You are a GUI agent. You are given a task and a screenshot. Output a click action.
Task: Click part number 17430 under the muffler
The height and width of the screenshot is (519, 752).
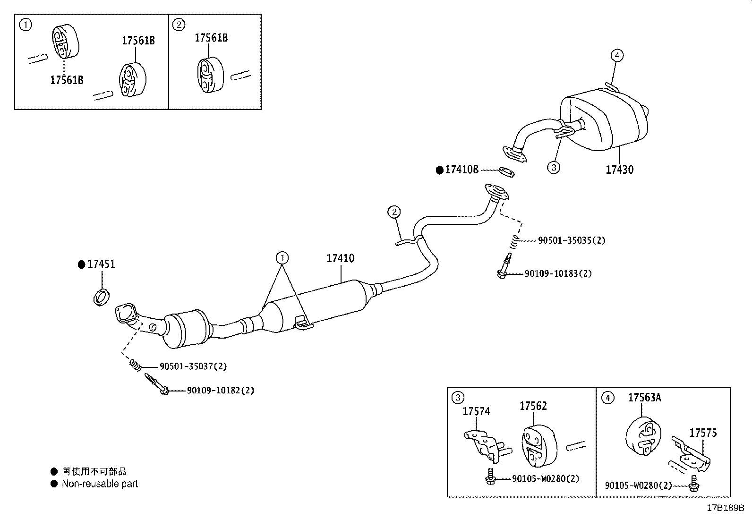(619, 170)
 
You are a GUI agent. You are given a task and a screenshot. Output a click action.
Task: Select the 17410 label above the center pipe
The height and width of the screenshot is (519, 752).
(340, 258)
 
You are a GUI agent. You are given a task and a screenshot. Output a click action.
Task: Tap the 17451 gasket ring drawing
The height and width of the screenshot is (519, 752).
(102, 298)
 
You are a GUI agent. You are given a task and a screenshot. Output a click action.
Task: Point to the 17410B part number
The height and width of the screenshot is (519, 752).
(461, 170)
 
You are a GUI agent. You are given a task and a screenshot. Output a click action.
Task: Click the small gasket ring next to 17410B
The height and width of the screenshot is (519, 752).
(506, 172)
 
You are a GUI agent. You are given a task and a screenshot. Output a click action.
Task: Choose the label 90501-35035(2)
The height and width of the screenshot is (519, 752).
(571, 240)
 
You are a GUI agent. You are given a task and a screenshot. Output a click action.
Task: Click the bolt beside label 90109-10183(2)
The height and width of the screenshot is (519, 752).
(504, 267)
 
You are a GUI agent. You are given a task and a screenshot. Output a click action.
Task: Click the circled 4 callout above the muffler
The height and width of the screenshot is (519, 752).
(616, 56)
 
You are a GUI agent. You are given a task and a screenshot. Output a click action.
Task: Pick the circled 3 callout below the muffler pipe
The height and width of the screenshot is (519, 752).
(554, 167)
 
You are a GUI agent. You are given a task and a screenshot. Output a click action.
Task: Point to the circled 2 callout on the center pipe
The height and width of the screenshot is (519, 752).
(394, 212)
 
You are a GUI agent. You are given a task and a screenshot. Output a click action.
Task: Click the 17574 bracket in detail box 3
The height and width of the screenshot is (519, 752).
(484, 443)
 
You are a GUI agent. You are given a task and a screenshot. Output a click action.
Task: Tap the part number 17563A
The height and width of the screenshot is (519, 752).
(644, 398)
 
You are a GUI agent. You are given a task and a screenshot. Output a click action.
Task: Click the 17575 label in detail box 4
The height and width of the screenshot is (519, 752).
(702, 433)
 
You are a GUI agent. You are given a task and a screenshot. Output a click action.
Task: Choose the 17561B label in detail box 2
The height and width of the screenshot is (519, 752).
(211, 38)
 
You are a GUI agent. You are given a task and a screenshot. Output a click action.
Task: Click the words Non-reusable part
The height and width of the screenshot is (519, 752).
(100, 484)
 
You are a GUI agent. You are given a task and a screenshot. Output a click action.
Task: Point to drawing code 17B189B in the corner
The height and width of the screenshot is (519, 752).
(725, 508)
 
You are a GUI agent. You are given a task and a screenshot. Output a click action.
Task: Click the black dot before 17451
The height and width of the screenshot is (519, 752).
(81, 264)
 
